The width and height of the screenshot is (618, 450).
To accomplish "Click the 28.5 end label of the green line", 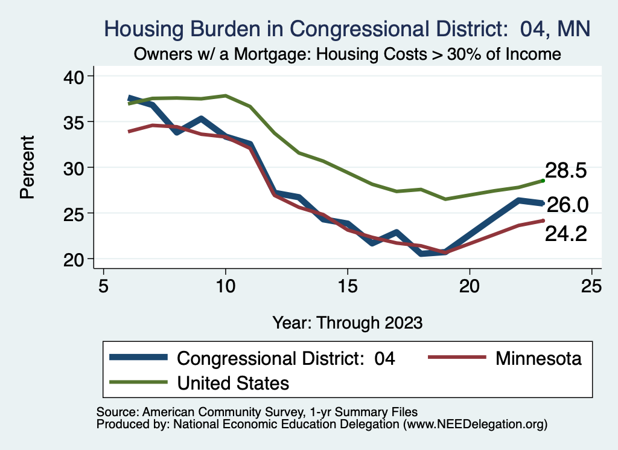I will (565, 170).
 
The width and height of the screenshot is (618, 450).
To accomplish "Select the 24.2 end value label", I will (565, 234).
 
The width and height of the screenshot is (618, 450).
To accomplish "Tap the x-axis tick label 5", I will (104, 285).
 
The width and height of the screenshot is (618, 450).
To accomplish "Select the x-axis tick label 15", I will (348, 285).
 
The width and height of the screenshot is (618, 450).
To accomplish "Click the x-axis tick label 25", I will (591, 285).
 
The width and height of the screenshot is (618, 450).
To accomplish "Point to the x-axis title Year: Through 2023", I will (348, 321).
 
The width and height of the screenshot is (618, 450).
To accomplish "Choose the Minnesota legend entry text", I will (538, 358).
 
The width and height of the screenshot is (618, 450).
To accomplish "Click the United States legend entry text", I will (233, 382).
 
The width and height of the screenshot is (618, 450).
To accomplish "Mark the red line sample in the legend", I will (457, 358).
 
